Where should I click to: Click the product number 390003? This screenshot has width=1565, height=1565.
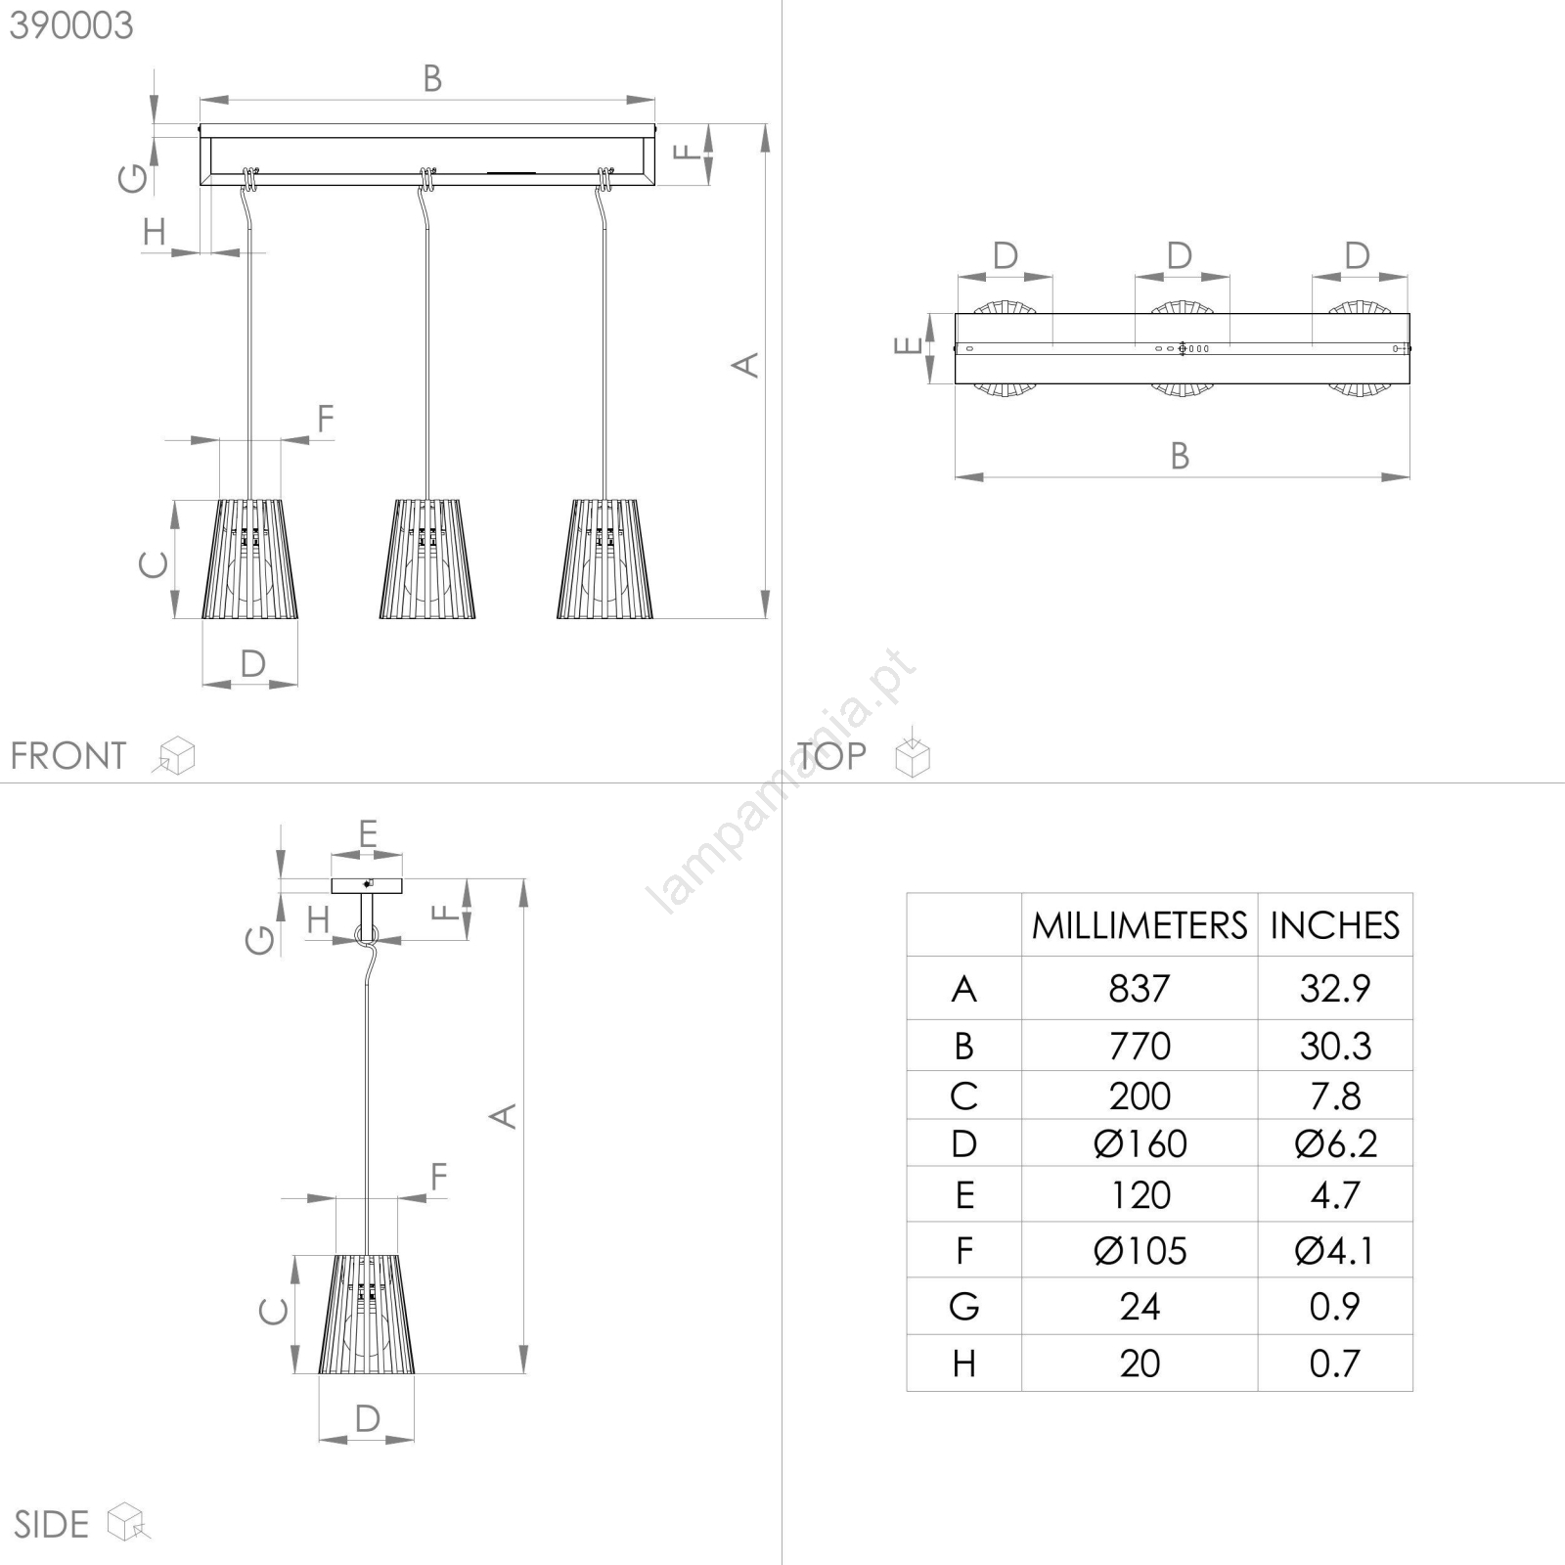pos(71,25)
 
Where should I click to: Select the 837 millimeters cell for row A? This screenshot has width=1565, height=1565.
pos(1140,989)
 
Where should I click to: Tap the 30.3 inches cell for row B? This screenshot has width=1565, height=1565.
pos(1335,1047)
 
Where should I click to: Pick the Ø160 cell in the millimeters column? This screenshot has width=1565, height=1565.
pos(1140,1143)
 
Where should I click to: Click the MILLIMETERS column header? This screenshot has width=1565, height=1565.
pos(1140,925)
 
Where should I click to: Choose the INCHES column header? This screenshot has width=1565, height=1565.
pos(1335,925)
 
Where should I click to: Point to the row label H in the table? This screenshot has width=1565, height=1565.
pos(964,1364)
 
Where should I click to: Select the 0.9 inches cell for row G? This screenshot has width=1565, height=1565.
pos(1335,1307)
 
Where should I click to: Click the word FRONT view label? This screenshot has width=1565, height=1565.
pos(68,756)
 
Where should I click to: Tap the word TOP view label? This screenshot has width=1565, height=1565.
pos(831,756)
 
